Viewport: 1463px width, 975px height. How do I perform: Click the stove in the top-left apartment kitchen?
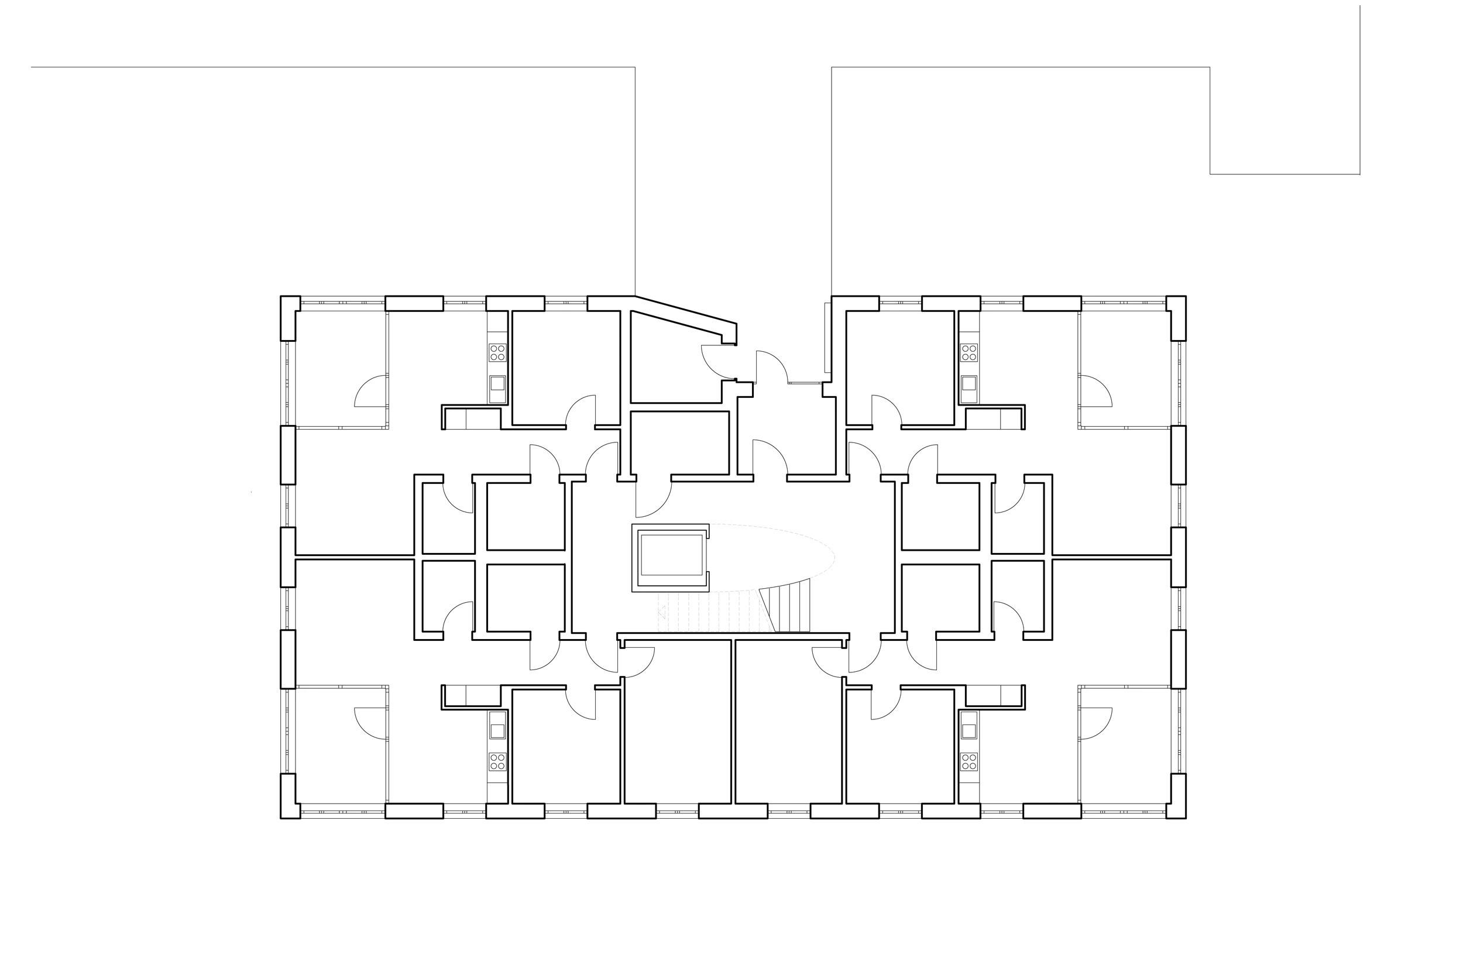click(497, 352)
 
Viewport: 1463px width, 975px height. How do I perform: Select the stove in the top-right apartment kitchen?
click(969, 352)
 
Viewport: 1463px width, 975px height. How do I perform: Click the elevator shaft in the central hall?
click(669, 557)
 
